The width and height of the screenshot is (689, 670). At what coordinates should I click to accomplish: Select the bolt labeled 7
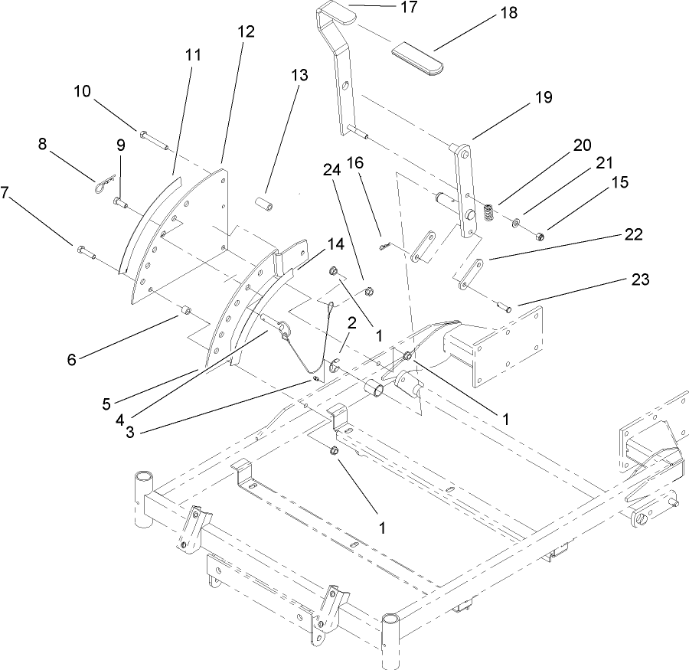[x=84, y=250]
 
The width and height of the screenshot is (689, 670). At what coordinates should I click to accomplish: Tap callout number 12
[x=247, y=31]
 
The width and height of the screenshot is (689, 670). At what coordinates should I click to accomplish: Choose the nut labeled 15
[x=540, y=234]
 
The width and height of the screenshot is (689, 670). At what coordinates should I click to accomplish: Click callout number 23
[x=639, y=279]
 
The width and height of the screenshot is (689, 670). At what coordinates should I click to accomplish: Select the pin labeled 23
[x=505, y=308]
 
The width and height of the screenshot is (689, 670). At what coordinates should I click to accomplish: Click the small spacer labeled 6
[x=185, y=311]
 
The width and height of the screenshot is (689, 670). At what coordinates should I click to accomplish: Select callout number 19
[x=543, y=97]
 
